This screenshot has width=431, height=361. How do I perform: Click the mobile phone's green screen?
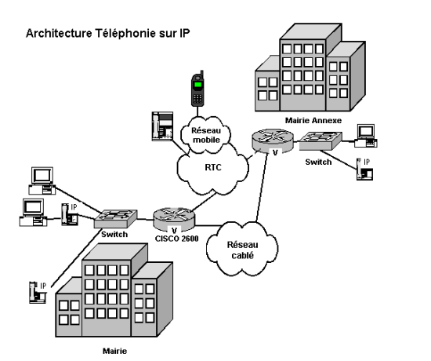(197, 84)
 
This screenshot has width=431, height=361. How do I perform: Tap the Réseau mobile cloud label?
(206, 135)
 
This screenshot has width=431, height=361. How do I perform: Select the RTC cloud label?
(213, 167)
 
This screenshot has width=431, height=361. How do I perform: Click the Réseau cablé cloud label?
(242, 250)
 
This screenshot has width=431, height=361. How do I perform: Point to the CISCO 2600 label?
(177, 239)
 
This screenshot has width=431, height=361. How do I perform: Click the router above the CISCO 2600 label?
(174, 220)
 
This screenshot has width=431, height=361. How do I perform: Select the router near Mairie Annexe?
(273, 140)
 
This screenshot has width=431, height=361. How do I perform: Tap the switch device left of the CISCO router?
(115, 219)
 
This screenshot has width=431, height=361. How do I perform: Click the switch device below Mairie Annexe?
(321, 141)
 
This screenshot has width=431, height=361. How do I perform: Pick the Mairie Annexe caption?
(313, 120)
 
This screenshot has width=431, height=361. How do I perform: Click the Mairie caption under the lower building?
(115, 351)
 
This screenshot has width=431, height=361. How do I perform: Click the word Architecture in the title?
(59, 33)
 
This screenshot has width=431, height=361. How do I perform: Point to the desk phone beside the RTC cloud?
(162, 126)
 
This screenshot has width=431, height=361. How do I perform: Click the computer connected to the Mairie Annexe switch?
(366, 136)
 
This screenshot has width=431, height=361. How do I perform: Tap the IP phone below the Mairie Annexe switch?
(364, 169)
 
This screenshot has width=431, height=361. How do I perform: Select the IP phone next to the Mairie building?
(38, 293)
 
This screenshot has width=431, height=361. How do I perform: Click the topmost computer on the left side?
(42, 180)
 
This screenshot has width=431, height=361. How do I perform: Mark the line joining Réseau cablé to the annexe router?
(262, 188)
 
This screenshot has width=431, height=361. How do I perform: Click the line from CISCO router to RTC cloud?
(204, 202)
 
